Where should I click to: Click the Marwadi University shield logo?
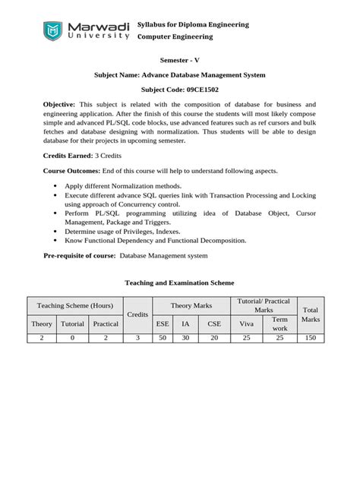pos(53,31)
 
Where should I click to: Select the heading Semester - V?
pos(180,59)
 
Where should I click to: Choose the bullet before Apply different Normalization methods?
pos(56,185)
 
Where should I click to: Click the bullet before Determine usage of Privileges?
pos(56,231)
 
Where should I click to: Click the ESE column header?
pos(163,324)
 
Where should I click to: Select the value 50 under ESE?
pos(163,338)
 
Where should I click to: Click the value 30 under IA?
pos(185,338)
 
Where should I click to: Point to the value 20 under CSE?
pos(213,338)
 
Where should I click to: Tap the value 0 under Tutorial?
pos(73,338)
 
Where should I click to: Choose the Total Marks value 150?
pos(311,338)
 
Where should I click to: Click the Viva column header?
pos(246,324)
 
